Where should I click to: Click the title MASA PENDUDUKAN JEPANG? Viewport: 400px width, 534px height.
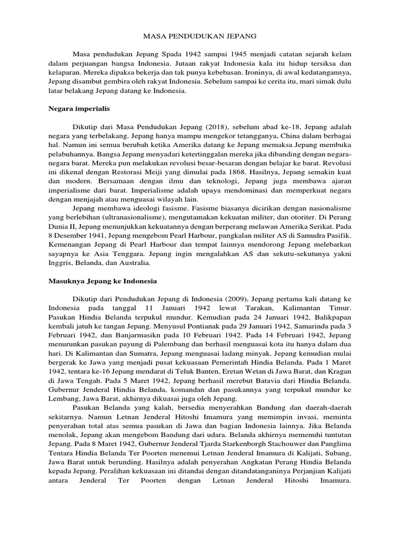coord(199,37)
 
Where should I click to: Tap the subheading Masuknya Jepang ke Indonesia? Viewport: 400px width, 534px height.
coord(103,281)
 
